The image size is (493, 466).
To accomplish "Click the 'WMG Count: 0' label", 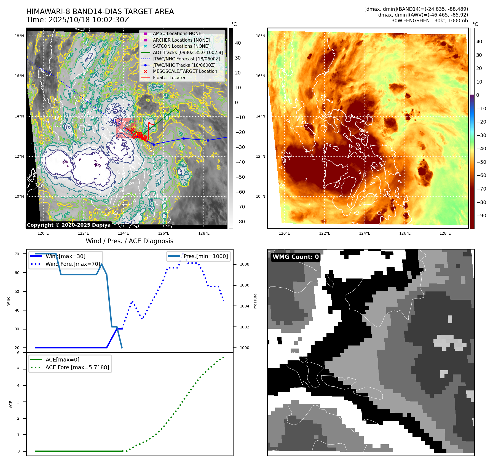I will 296,257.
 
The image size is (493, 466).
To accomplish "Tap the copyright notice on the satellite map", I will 69,225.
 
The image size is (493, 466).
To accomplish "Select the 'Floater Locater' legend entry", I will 169,78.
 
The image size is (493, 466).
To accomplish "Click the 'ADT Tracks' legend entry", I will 187,52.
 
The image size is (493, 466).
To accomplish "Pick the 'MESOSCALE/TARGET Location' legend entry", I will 185,71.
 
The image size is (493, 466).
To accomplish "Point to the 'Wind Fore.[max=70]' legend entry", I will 73,264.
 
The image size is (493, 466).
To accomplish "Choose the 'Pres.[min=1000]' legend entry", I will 206,256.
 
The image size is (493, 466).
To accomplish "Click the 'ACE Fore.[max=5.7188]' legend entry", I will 77,368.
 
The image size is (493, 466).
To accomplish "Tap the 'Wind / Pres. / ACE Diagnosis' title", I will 130,241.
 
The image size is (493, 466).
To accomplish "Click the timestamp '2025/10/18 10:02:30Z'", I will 89,20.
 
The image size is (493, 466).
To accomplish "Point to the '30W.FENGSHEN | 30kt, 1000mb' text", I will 430,21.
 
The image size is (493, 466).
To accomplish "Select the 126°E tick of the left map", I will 164,234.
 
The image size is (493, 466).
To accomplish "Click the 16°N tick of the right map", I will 260,76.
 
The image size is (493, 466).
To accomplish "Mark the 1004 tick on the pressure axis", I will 244,306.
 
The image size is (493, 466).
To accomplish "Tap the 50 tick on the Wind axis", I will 17,291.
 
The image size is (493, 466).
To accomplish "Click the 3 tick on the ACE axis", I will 18,402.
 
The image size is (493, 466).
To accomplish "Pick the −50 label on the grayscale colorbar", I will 240,177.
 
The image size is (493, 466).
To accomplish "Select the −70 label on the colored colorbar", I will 481,189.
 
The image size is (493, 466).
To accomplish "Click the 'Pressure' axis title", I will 255,301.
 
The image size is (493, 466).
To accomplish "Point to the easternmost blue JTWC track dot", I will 208,140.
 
